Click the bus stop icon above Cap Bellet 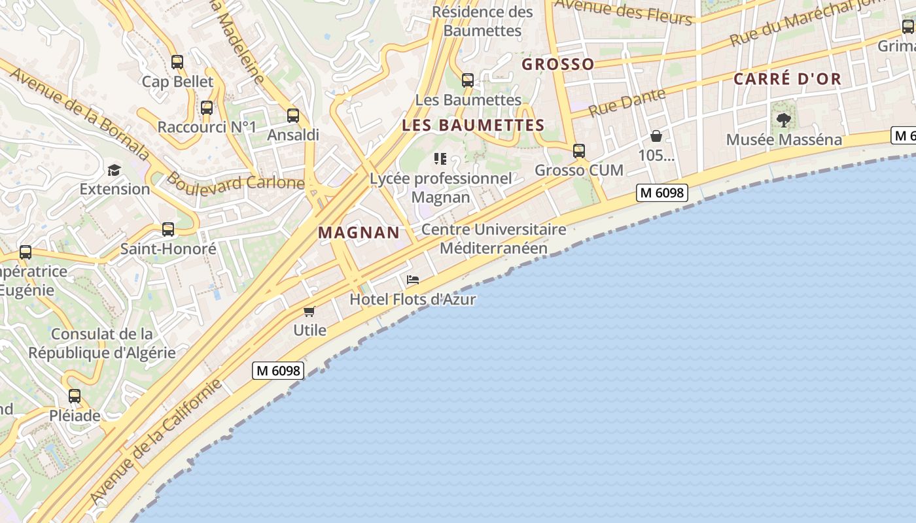(177, 63)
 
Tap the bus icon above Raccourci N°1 (207, 108)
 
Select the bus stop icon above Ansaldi (293, 116)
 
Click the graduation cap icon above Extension (114, 170)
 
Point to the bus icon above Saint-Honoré (168, 229)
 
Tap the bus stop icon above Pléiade (75, 396)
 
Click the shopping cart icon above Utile (309, 311)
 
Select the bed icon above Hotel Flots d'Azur (412, 280)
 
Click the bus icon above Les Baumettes (468, 80)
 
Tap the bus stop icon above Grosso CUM (579, 151)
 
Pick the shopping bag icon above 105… (656, 136)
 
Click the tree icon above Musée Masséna (783, 120)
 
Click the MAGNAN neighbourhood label (359, 233)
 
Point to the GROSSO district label (558, 64)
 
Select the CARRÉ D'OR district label (787, 79)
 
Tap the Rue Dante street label (626, 103)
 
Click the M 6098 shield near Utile (277, 371)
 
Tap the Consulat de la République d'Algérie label (102, 343)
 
